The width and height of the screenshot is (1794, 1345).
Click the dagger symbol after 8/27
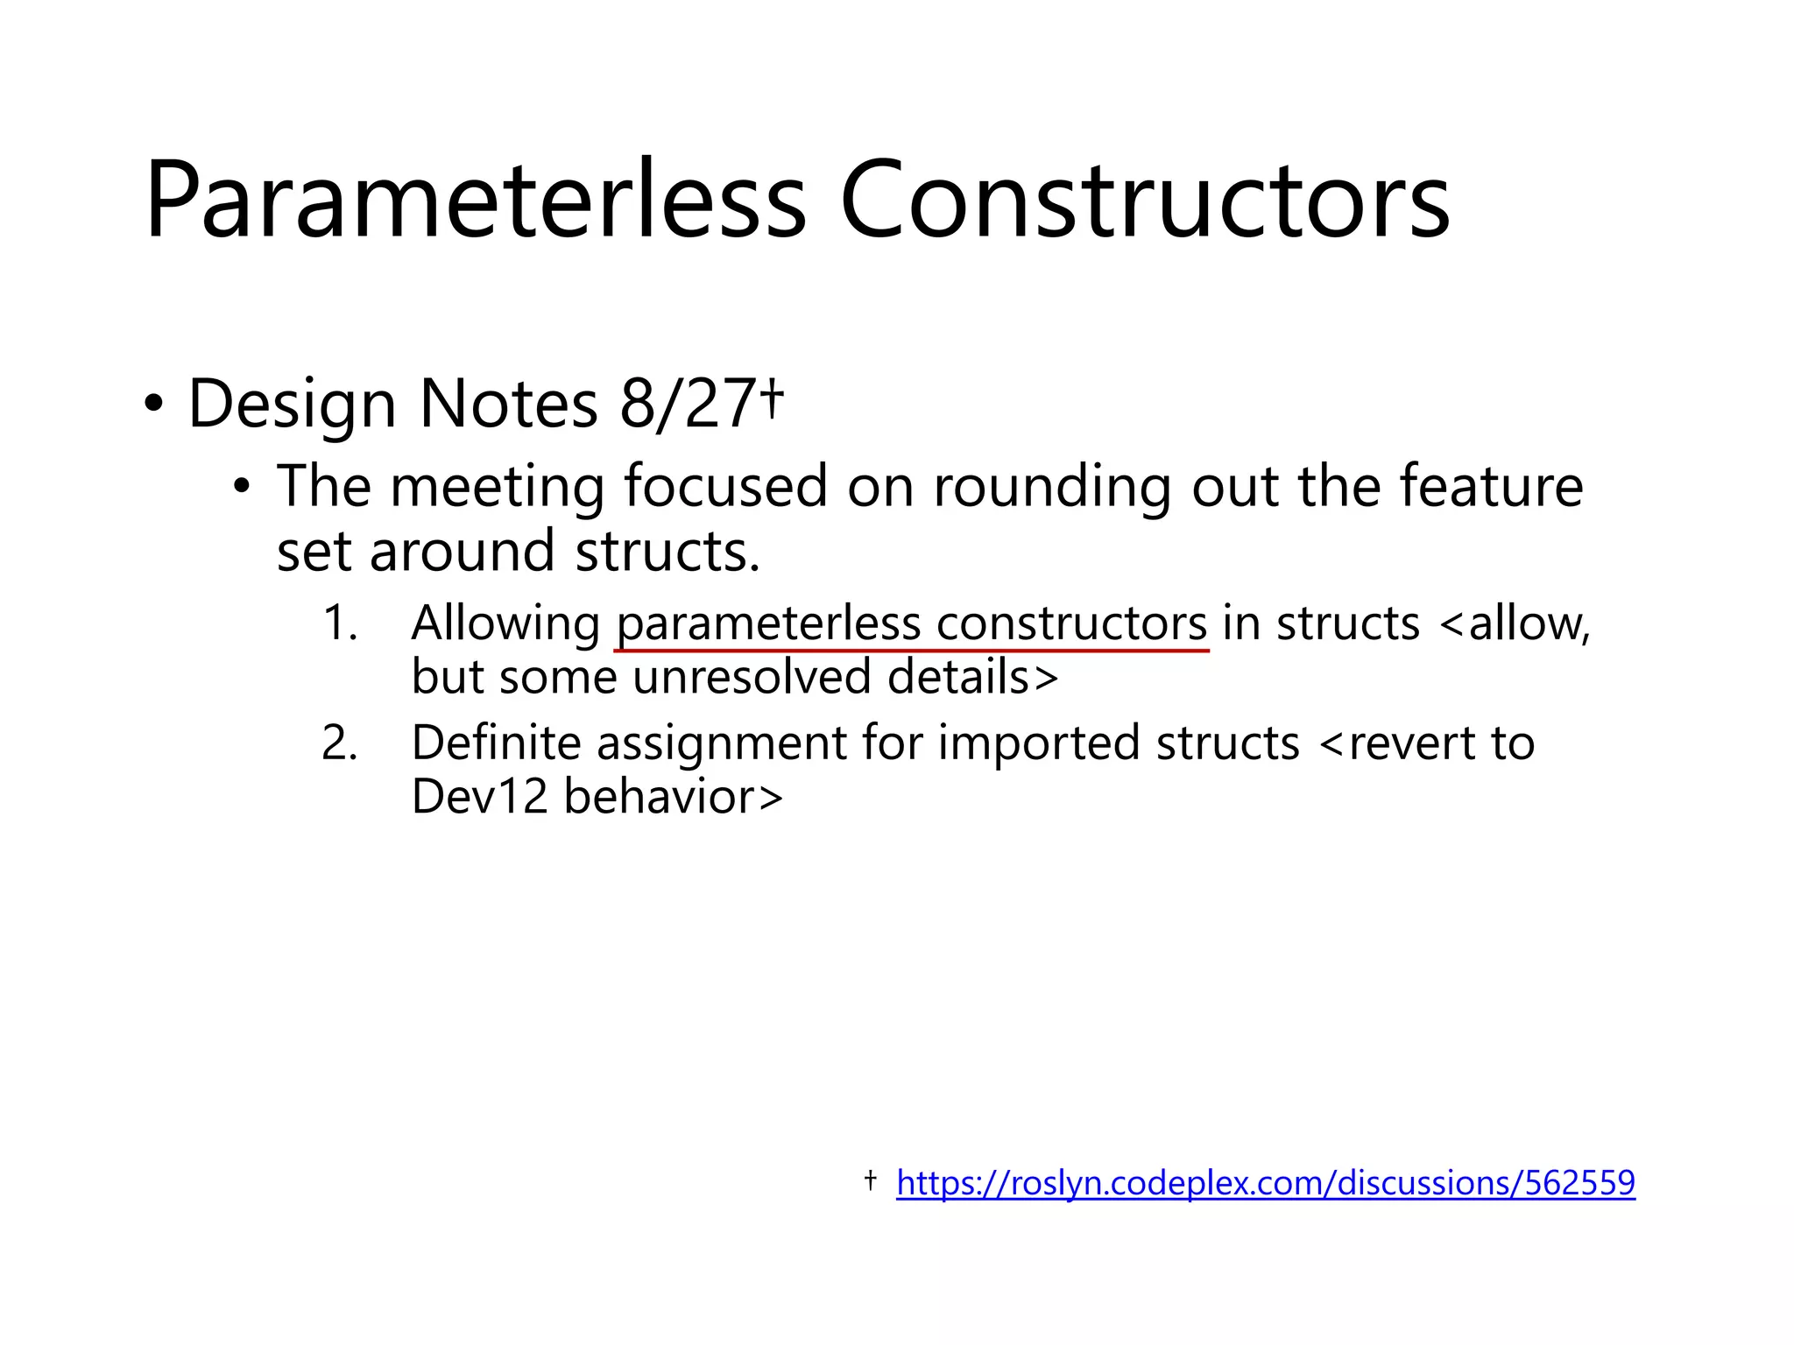[x=771, y=398]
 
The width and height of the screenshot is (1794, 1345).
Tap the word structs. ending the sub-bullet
[x=667, y=552]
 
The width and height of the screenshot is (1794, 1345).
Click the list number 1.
[x=339, y=623]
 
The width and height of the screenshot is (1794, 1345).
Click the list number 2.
[x=339, y=743]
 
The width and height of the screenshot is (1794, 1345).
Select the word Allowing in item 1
[x=505, y=623]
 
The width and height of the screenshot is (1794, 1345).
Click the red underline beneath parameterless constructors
[x=911, y=651]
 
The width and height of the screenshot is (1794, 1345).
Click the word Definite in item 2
[x=496, y=743]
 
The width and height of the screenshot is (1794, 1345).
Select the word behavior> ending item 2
[x=673, y=797]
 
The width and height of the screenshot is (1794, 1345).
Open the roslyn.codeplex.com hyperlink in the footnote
[x=1265, y=1183]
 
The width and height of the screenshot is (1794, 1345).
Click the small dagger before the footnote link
[x=870, y=1180]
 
